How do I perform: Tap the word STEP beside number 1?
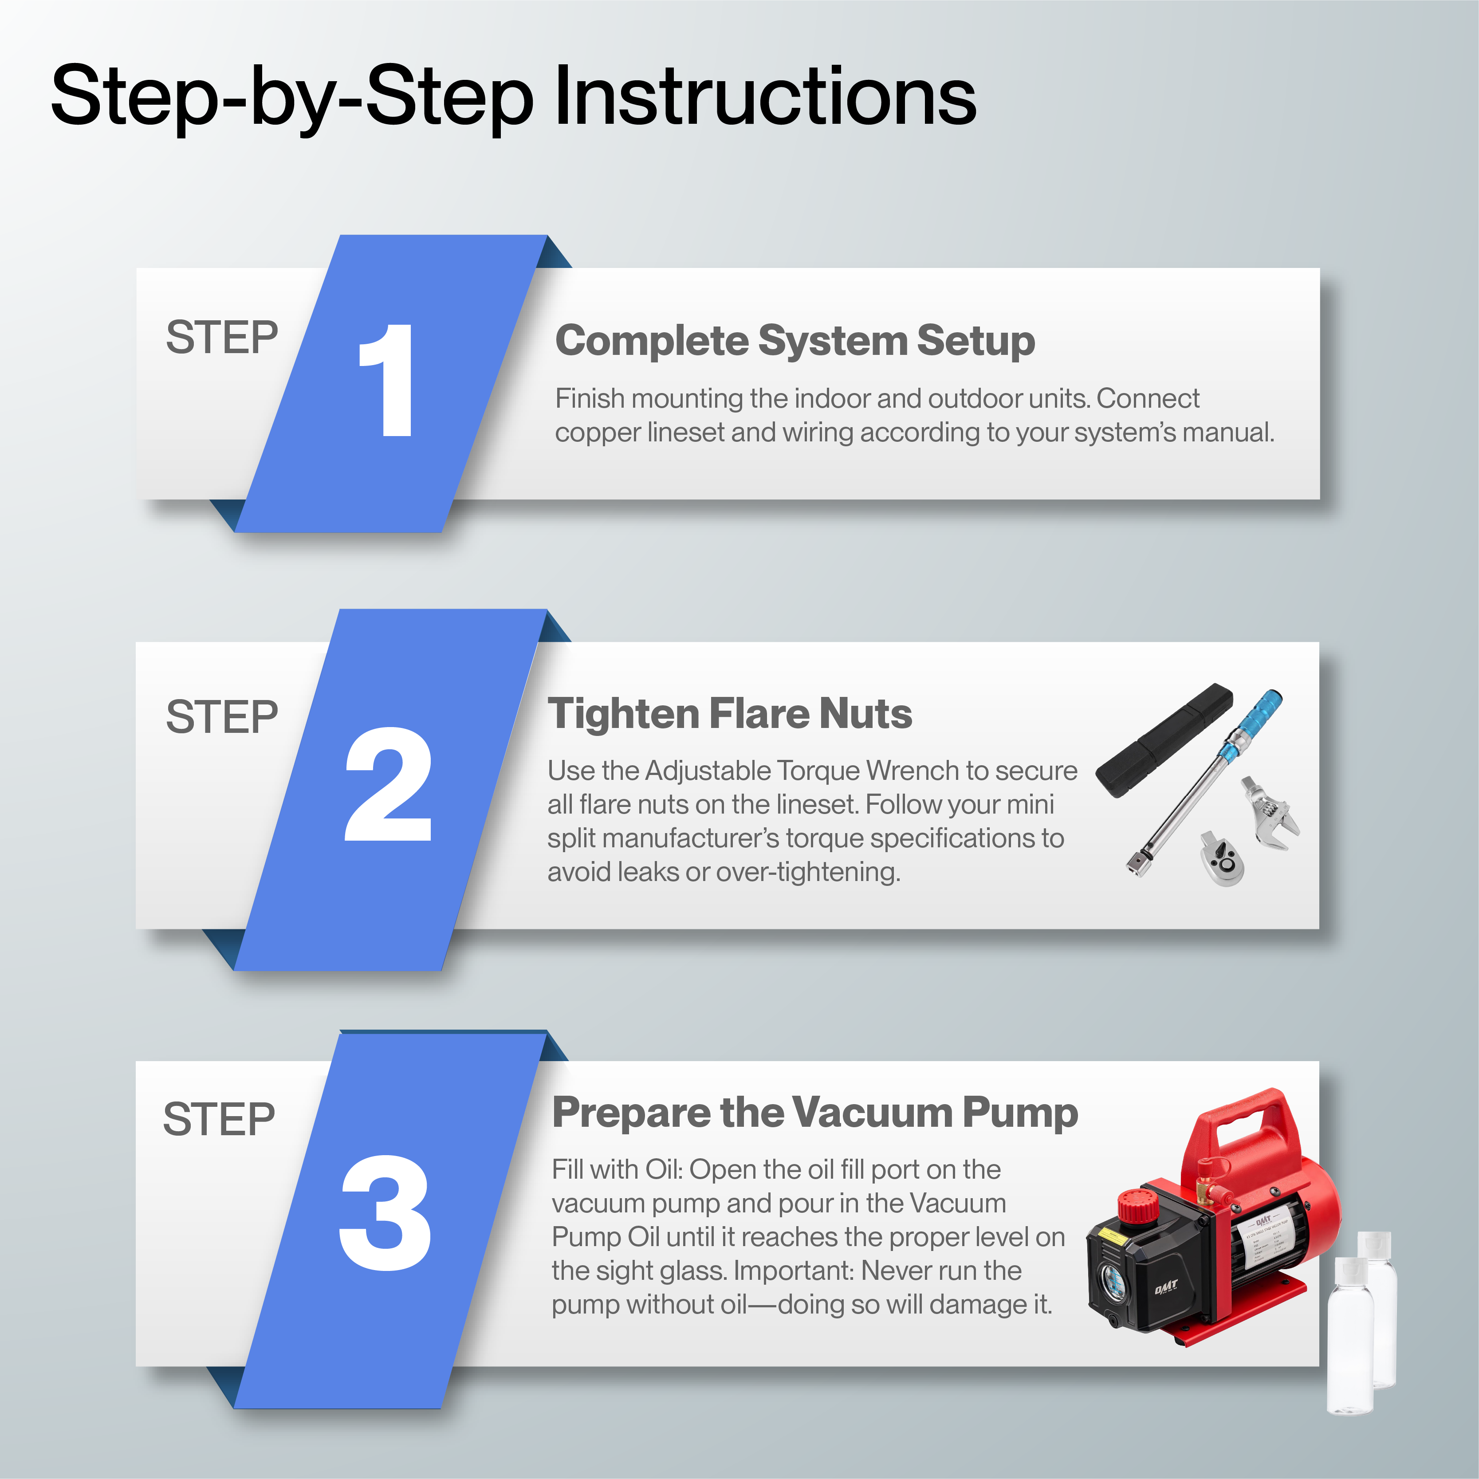click(222, 338)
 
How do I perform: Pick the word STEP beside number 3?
click(219, 1119)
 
